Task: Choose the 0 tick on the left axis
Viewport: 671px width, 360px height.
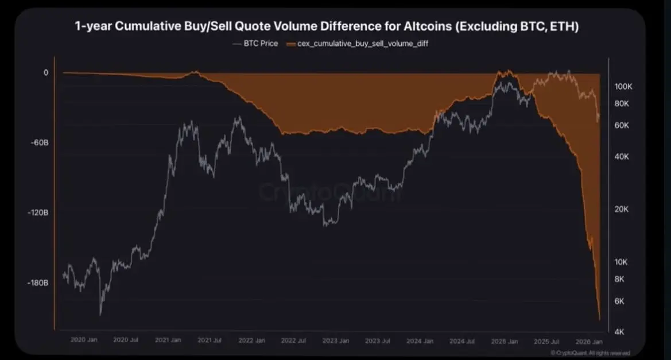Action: (x=45, y=72)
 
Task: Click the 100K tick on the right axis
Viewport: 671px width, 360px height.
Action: (x=623, y=86)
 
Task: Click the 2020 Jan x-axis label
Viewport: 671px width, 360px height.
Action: (x=84, y=340)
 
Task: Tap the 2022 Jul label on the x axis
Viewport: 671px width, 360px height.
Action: (x=293, y=340)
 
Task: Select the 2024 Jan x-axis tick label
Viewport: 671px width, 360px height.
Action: (x=420, y=340)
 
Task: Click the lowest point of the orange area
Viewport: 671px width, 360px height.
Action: (x=599, y=320)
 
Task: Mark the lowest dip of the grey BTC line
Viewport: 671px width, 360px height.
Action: (x=101, y=314)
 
